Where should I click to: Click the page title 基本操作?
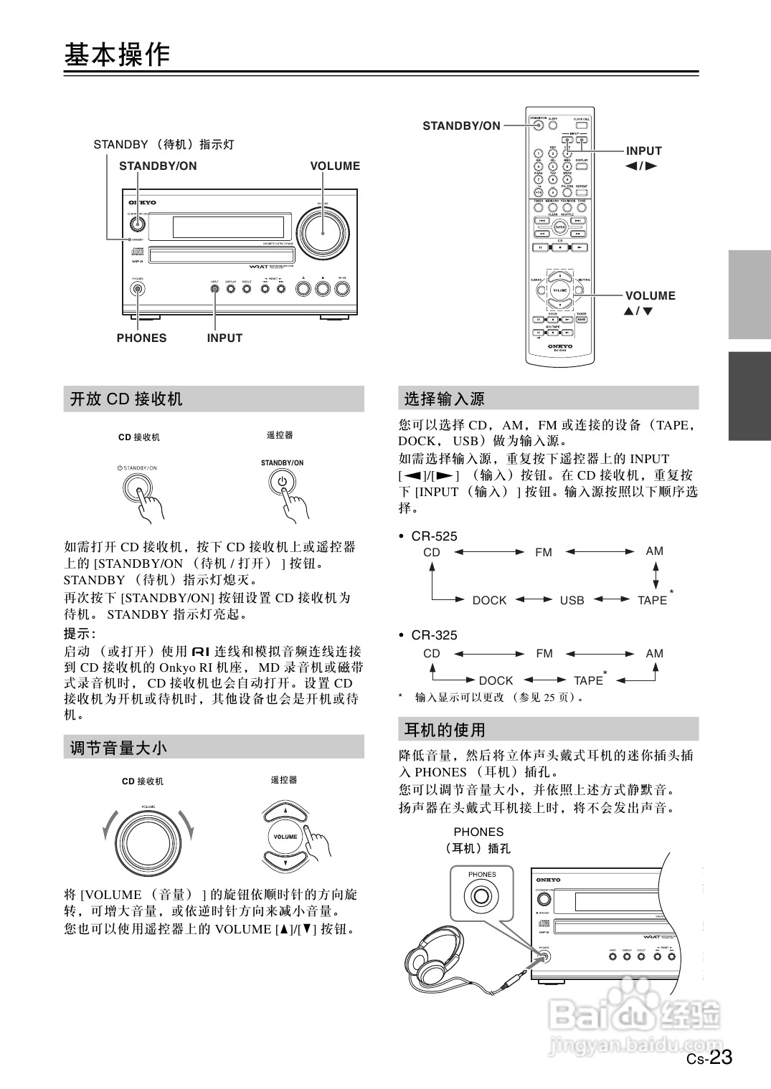coord(117,55)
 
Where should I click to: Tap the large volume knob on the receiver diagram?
coord(323,230)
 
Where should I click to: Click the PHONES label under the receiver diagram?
coord(141,338)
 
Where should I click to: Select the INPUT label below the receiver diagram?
coord(224,338)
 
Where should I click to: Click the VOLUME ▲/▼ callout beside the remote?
coord(649,303)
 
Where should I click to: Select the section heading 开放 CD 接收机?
coord(126,399)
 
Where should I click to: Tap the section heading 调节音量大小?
coord(118,748)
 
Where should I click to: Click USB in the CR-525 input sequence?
coord(572,600)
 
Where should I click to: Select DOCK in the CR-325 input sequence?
coord(496,680)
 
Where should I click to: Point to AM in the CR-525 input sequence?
coord(654,551)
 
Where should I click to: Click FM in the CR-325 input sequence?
coord(544,653)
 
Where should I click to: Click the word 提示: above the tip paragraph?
coord(80,634)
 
